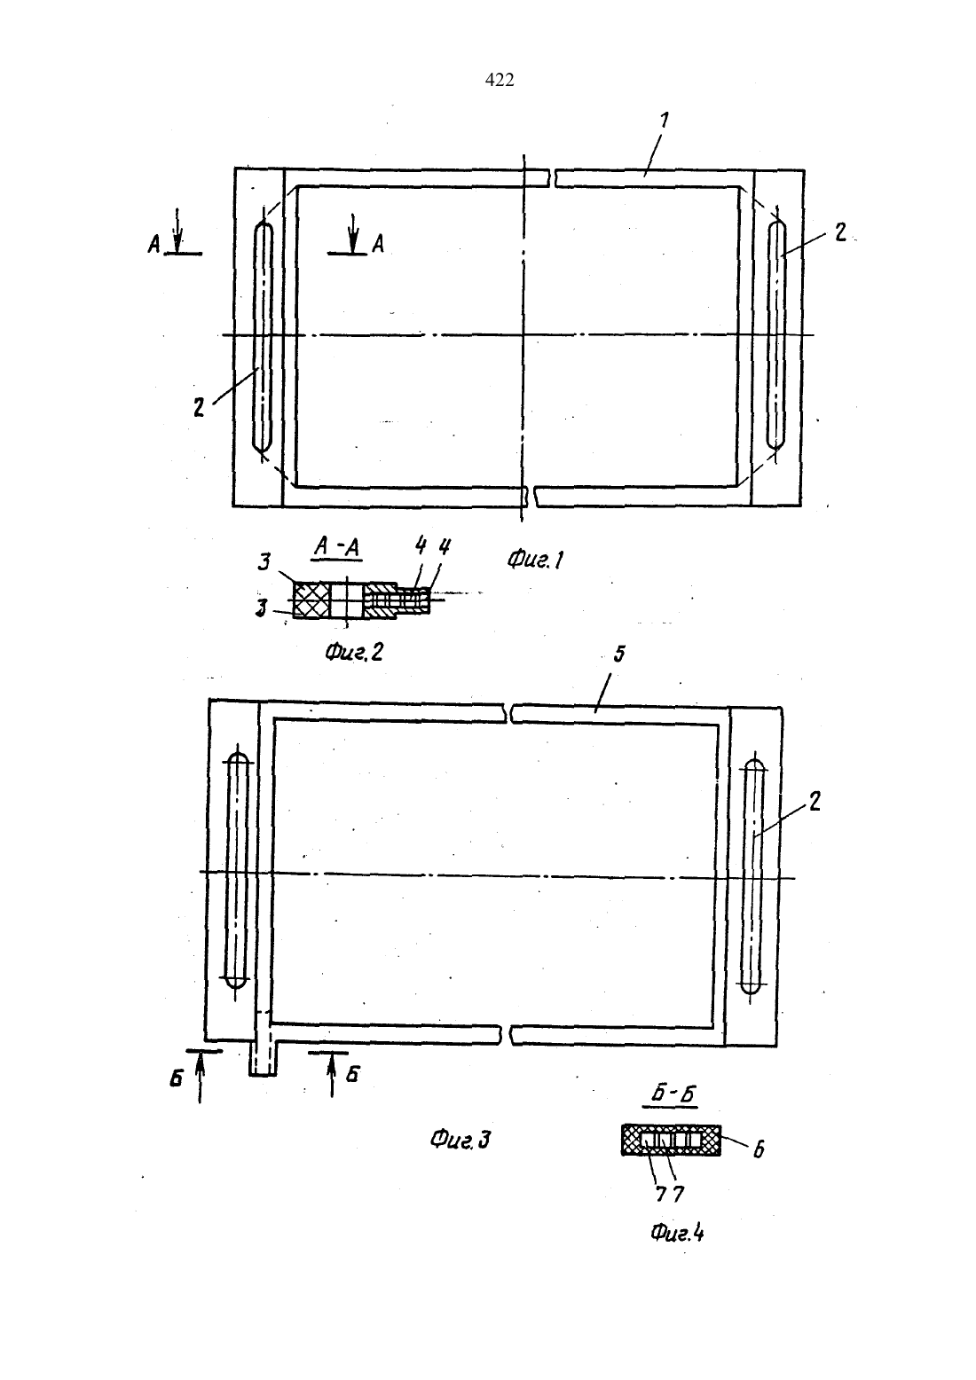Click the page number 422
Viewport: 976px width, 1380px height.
click(x=499, y=80)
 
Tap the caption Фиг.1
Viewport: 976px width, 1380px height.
click(x=535, y=560)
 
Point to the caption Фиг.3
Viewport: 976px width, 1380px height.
click(x=460, y=1140)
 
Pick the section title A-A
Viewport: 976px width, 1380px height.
click(x=337, y=547)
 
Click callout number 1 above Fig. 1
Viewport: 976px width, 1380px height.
click(x=664, y=121)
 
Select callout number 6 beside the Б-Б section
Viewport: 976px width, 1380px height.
click(x=760, y=1149)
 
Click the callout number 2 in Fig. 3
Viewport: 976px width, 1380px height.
click(x=815, y=802)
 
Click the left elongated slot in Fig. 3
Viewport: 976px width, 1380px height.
click(x=237, y=870)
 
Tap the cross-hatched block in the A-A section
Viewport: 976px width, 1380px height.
click(x=311, y=600)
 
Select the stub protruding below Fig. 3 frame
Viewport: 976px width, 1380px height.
click(x=264, y=1056)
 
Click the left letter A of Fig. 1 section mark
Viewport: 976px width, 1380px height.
click(x=154, y=246)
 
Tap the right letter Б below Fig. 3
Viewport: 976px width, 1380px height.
click(x=352, y=1074)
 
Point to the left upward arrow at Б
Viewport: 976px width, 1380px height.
click(x=201, y=1078)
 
